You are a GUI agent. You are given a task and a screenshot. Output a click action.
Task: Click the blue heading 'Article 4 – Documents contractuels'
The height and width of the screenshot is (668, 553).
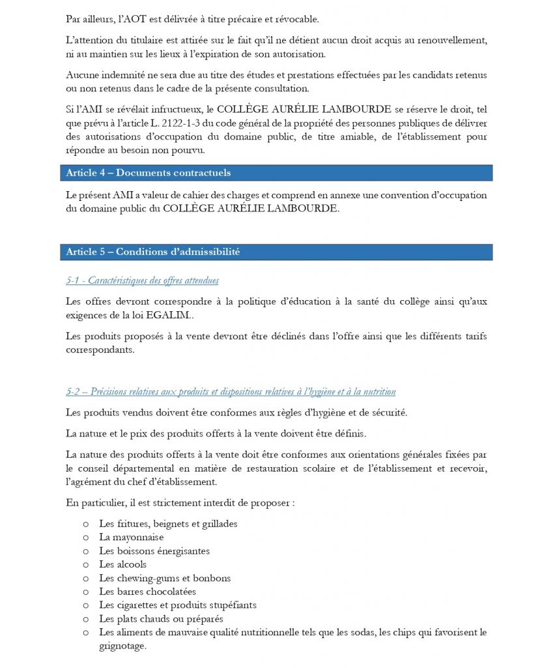point(148,173)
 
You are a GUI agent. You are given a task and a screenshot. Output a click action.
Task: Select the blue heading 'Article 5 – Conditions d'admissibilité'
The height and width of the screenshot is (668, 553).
point(152,252)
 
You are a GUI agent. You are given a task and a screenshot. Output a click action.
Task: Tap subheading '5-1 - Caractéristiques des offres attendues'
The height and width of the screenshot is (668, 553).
point(142,281)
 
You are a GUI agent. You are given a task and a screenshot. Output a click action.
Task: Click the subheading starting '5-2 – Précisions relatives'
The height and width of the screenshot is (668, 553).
point(231,391)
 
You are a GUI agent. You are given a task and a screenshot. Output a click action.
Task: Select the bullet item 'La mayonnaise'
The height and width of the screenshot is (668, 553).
point(131,537)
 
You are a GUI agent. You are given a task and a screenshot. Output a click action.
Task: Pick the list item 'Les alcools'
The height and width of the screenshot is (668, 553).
point(122,564)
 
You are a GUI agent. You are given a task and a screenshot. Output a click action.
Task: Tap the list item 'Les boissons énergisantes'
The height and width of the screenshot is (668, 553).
point(154,551)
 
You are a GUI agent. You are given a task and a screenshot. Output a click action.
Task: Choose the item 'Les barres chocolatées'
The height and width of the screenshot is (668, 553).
point(147,592)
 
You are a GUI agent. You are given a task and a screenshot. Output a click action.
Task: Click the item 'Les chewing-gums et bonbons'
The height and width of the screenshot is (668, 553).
point(165,578)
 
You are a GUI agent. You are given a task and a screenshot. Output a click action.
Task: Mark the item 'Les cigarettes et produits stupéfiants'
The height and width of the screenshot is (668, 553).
point(177,605)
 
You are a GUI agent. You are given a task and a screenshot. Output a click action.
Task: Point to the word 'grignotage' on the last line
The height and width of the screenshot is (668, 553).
point(122,646)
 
